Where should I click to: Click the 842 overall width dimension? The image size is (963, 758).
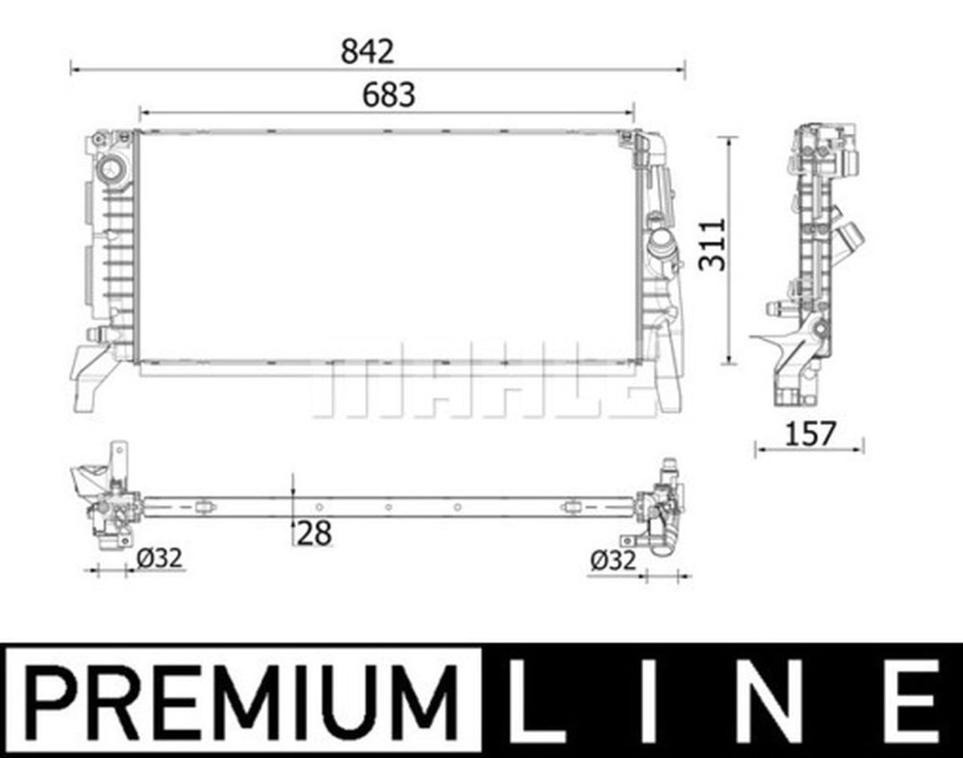367,51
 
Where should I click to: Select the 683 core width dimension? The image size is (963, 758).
388,96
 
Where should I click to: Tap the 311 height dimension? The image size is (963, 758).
712,245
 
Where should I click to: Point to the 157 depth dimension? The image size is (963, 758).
810,434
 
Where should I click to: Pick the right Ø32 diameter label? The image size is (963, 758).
613,560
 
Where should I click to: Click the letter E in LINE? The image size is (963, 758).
913,700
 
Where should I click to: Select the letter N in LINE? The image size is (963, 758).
785,700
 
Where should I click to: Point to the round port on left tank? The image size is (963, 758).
111,169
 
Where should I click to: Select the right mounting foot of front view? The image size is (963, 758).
667,384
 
